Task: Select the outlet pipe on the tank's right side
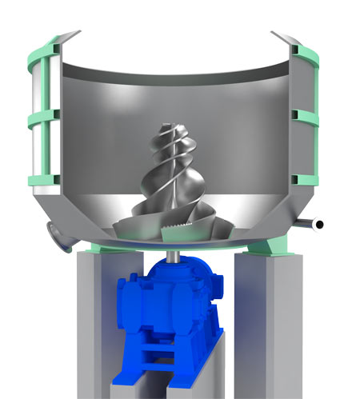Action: pos(307,223)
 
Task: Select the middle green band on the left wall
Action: pos(43,119)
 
